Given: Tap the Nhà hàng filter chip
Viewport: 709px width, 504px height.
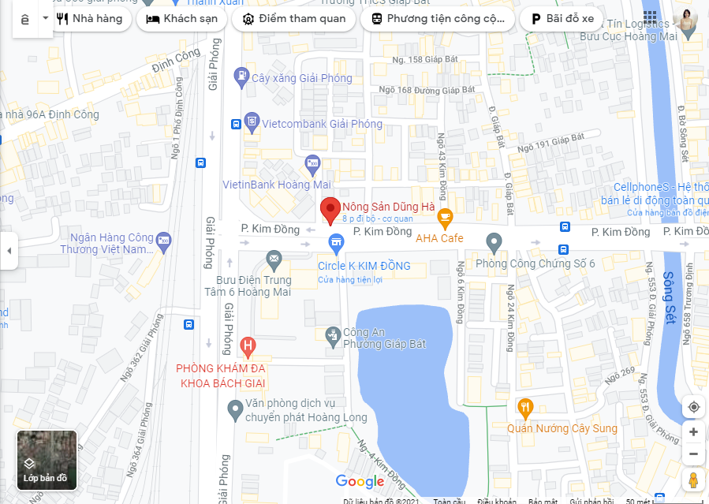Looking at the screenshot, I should tap(90, 19).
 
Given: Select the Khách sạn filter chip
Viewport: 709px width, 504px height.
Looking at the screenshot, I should tap(181, 19).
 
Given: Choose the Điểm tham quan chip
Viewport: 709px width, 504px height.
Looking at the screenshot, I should tap(294, 19).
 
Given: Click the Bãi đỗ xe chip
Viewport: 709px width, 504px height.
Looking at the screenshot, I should tap(562, 19).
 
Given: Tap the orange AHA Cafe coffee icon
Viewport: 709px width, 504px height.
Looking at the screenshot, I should tap(445, 216).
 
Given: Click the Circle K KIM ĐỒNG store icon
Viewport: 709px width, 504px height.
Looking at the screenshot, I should tap(336, 241).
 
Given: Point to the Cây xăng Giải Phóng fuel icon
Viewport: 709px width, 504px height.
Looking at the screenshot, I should tap(241, 77).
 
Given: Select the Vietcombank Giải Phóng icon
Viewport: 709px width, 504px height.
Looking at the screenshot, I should tap(252, 122).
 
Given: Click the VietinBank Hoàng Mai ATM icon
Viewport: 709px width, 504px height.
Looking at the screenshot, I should tap(312, 166).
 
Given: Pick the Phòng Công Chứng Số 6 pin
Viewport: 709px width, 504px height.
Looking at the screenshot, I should tap(494, 241).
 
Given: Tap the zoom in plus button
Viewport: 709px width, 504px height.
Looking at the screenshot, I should tap(693, 431).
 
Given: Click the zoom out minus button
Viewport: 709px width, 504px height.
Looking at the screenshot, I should tap(693, 454).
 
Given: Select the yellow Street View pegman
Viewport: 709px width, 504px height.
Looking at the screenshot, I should tap(693, 480).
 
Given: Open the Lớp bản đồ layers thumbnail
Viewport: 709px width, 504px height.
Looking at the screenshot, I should tap(47, 459).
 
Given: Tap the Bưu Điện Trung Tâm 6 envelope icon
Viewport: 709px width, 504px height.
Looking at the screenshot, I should tap(274, 258).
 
